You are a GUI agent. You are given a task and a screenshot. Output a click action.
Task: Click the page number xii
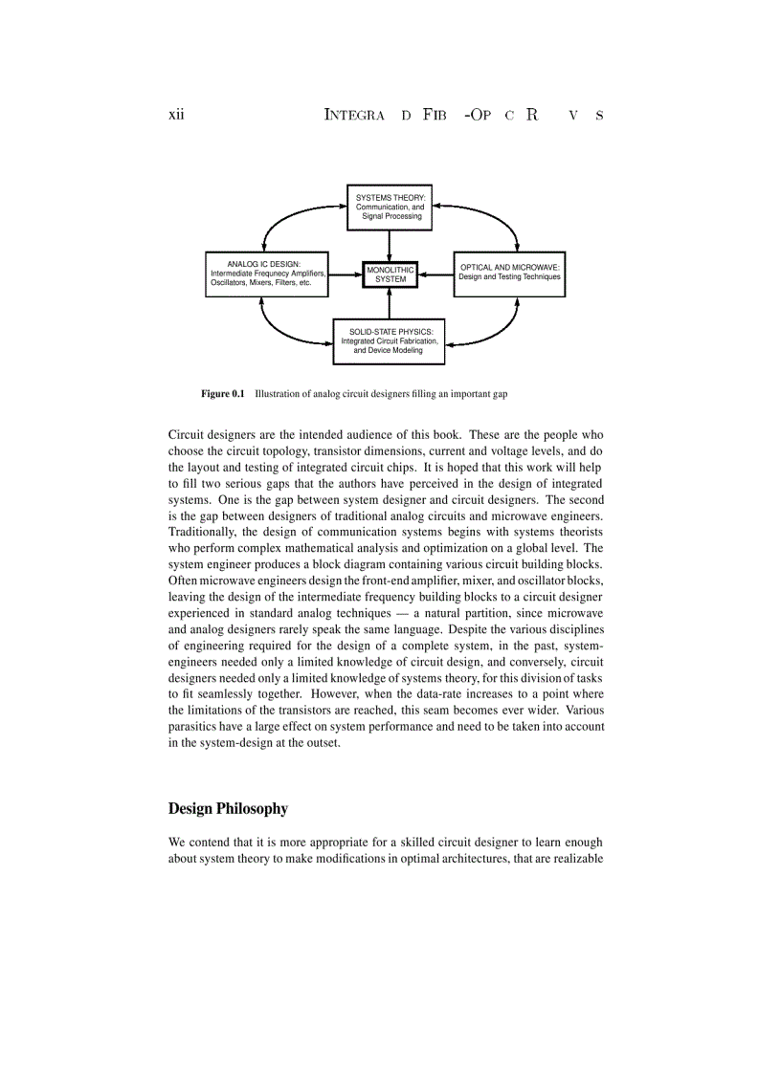(176, 115)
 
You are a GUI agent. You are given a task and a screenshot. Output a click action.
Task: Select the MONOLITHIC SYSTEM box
(390, 274)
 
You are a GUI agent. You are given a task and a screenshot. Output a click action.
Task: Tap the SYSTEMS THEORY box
(389, 207)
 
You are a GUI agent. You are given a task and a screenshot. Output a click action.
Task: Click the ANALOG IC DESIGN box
(267, 274)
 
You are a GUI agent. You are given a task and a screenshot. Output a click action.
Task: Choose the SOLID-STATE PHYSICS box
(389, 341)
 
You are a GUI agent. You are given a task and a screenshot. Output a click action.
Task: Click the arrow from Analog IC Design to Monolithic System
(345, 274)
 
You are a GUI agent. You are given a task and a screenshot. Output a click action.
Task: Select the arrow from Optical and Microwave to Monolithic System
(435, 274)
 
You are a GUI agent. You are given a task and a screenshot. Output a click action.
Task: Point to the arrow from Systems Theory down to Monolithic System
(390, 244)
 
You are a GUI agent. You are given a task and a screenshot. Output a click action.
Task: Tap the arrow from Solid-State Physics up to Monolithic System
(390, 303)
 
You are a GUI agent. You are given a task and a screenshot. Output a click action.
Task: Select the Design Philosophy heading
(228, 808)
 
